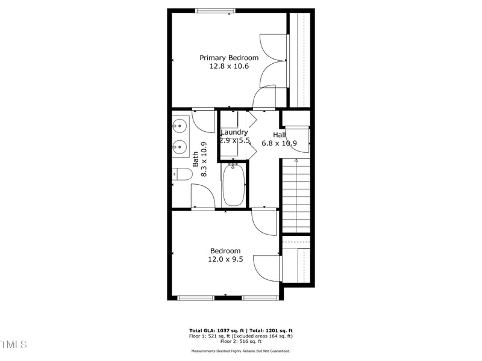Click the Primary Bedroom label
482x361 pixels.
(x=229, y=58)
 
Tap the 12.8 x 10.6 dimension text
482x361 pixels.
(x=229, y=66)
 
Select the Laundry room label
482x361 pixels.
(x=234, y=132)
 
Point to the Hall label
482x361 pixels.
(x=279, y=135)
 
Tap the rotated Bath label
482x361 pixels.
(x=196, y=159)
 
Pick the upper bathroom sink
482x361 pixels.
(x=179, y=126)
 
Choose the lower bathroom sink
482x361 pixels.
(x=179, y=146)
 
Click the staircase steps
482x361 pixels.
(x=295, y=199)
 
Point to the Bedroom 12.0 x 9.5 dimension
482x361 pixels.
(x=225, y=260)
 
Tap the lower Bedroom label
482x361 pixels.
(x=225, y=251)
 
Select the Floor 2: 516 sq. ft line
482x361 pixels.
(x=240, y=342)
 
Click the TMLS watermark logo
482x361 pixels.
(x=14, y=344)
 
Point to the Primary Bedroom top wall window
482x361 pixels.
(x=215, y=10)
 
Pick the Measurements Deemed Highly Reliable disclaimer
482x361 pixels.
(x=240, y=351)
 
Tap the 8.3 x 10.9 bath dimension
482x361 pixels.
(x=204, y=159)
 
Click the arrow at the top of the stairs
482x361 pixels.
(x=296, y=161)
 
